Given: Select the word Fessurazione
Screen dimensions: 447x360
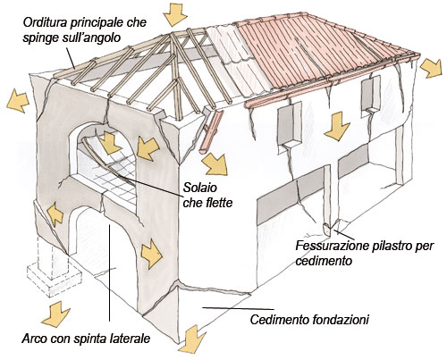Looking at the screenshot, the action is click(329, 246).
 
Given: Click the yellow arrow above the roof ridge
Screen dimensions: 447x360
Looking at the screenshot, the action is click(176, 14).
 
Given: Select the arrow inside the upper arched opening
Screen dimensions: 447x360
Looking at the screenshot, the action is click(110, 143).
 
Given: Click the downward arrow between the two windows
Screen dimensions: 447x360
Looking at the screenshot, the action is click(337, 126).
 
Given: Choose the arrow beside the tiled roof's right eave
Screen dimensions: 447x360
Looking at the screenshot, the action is click(431, 68).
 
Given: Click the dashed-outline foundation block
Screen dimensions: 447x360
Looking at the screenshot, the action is click(55, 268).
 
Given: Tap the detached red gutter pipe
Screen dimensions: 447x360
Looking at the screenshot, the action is click(211, 131).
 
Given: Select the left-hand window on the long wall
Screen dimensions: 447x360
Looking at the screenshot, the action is click(290, 125).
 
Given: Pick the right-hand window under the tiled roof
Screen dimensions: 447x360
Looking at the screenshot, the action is click(371, 95).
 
